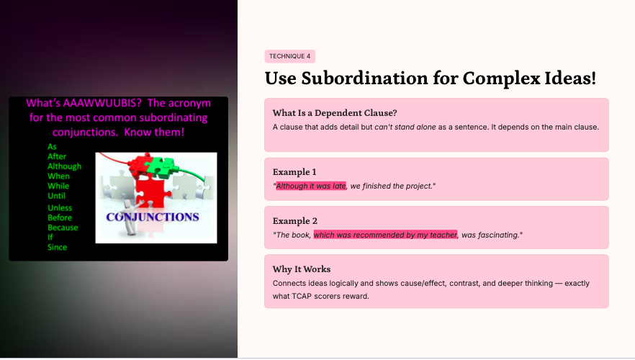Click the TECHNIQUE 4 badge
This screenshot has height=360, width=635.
[x=290, y=56]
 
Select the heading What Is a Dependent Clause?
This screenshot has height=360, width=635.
[x=335, y=113]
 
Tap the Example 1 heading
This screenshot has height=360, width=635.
[x=294, y=172]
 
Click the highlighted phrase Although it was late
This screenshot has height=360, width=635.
[x=311, y=186]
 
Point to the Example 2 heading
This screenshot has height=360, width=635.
[x=295, y=221]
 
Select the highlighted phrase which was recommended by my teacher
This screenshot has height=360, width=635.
[x=385, y=235]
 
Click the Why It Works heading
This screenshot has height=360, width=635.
[x=301, y=269]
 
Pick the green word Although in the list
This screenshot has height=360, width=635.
[x=64, y=166]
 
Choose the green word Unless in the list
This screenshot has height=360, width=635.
[x=60, y=208]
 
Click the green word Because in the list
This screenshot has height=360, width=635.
[x=63, y=228]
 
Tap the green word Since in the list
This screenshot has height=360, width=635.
[x=57, y=248]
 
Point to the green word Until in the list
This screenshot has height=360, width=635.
[x=56, y=196]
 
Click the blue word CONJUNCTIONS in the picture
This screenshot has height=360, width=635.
[x=153, y=217]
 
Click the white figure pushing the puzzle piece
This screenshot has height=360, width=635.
[x=130, y=217]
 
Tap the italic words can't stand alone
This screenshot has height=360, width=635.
[x=405, y=127]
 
